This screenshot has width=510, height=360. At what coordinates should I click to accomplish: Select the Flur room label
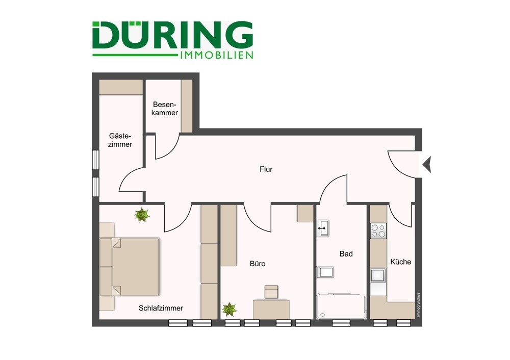click(x=266, y=169)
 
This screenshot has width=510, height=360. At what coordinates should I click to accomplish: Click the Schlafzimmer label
click(x=161, y=308)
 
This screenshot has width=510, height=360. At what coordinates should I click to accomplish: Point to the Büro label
click(x=258, y=264)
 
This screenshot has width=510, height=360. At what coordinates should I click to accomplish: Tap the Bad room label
click(x=346, y=253)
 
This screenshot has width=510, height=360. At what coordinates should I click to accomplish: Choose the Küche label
click(x=400, y=262)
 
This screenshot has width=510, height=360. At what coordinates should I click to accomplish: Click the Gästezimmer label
click(x=120, y=140)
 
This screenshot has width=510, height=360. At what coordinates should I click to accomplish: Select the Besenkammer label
click(x=165, y=109)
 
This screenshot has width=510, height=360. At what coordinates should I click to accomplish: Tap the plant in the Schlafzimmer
click(x=142, y=215)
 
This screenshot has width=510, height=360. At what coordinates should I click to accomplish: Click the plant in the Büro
click(x=229, y=309)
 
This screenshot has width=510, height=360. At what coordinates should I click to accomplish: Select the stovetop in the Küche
click(x=378, y=232)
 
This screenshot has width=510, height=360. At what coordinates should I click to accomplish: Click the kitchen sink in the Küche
click(x=378, y=276)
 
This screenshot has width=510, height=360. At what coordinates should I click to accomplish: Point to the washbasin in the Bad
click(x=323, y=228)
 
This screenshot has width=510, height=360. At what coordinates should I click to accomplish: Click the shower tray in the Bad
click(x=341, y=306)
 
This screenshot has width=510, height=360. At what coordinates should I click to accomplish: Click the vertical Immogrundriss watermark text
click(x=418, y=305)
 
